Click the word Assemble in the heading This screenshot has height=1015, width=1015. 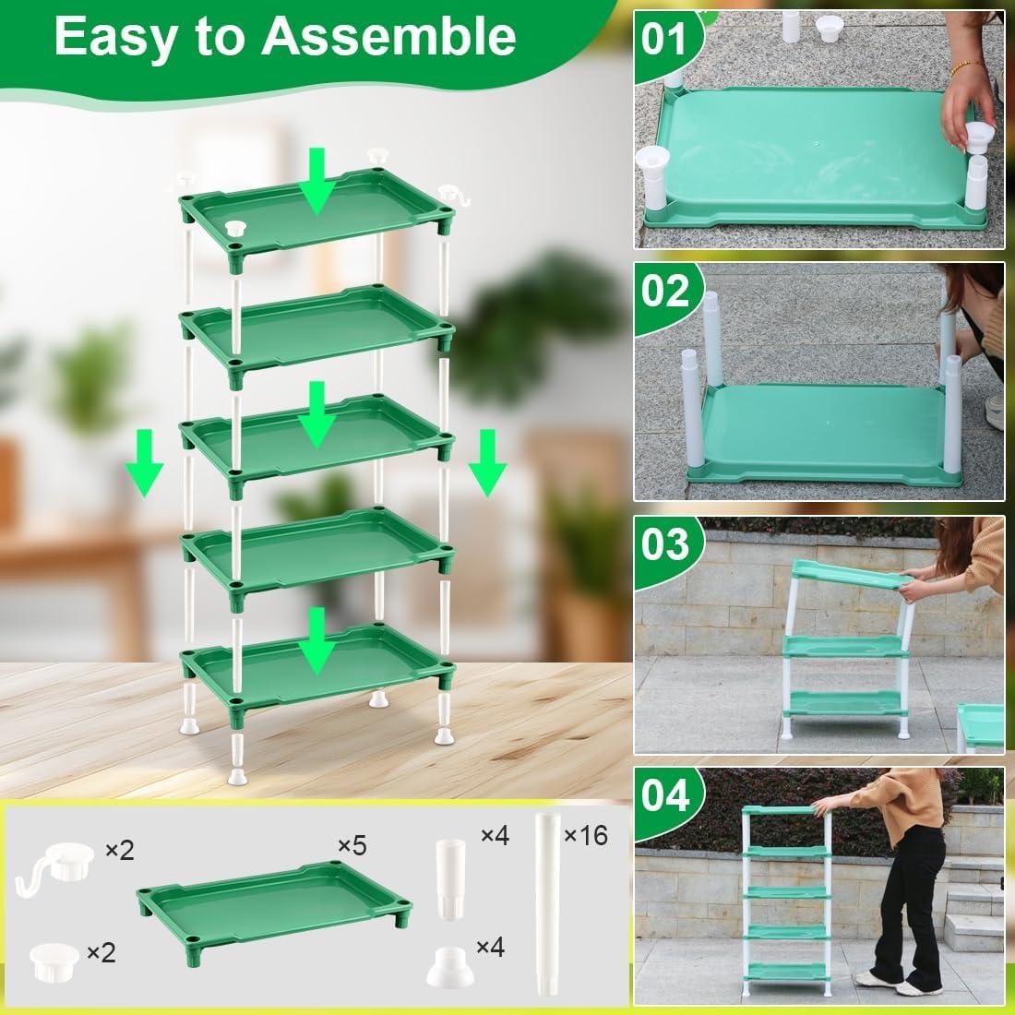pos(388,37)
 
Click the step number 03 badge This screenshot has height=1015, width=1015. pos(665,543)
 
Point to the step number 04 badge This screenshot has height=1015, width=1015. pos(665,794)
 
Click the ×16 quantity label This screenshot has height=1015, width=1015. pos(585,836)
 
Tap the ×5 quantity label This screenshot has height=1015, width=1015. pos(352,844)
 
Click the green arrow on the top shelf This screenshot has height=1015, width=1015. pos(316,182)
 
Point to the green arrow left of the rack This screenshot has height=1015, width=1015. pos(145,461)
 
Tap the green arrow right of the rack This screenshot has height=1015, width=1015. pos(487,461)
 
